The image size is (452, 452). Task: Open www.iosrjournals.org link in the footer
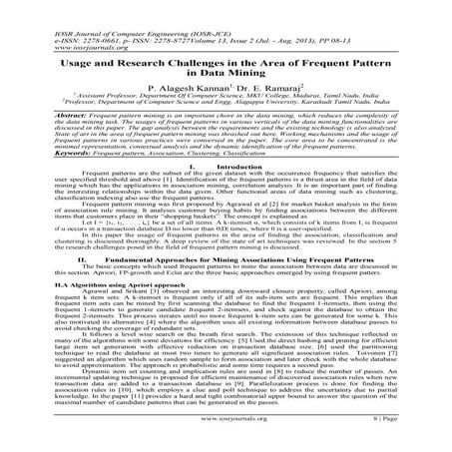tap(226, 436)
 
